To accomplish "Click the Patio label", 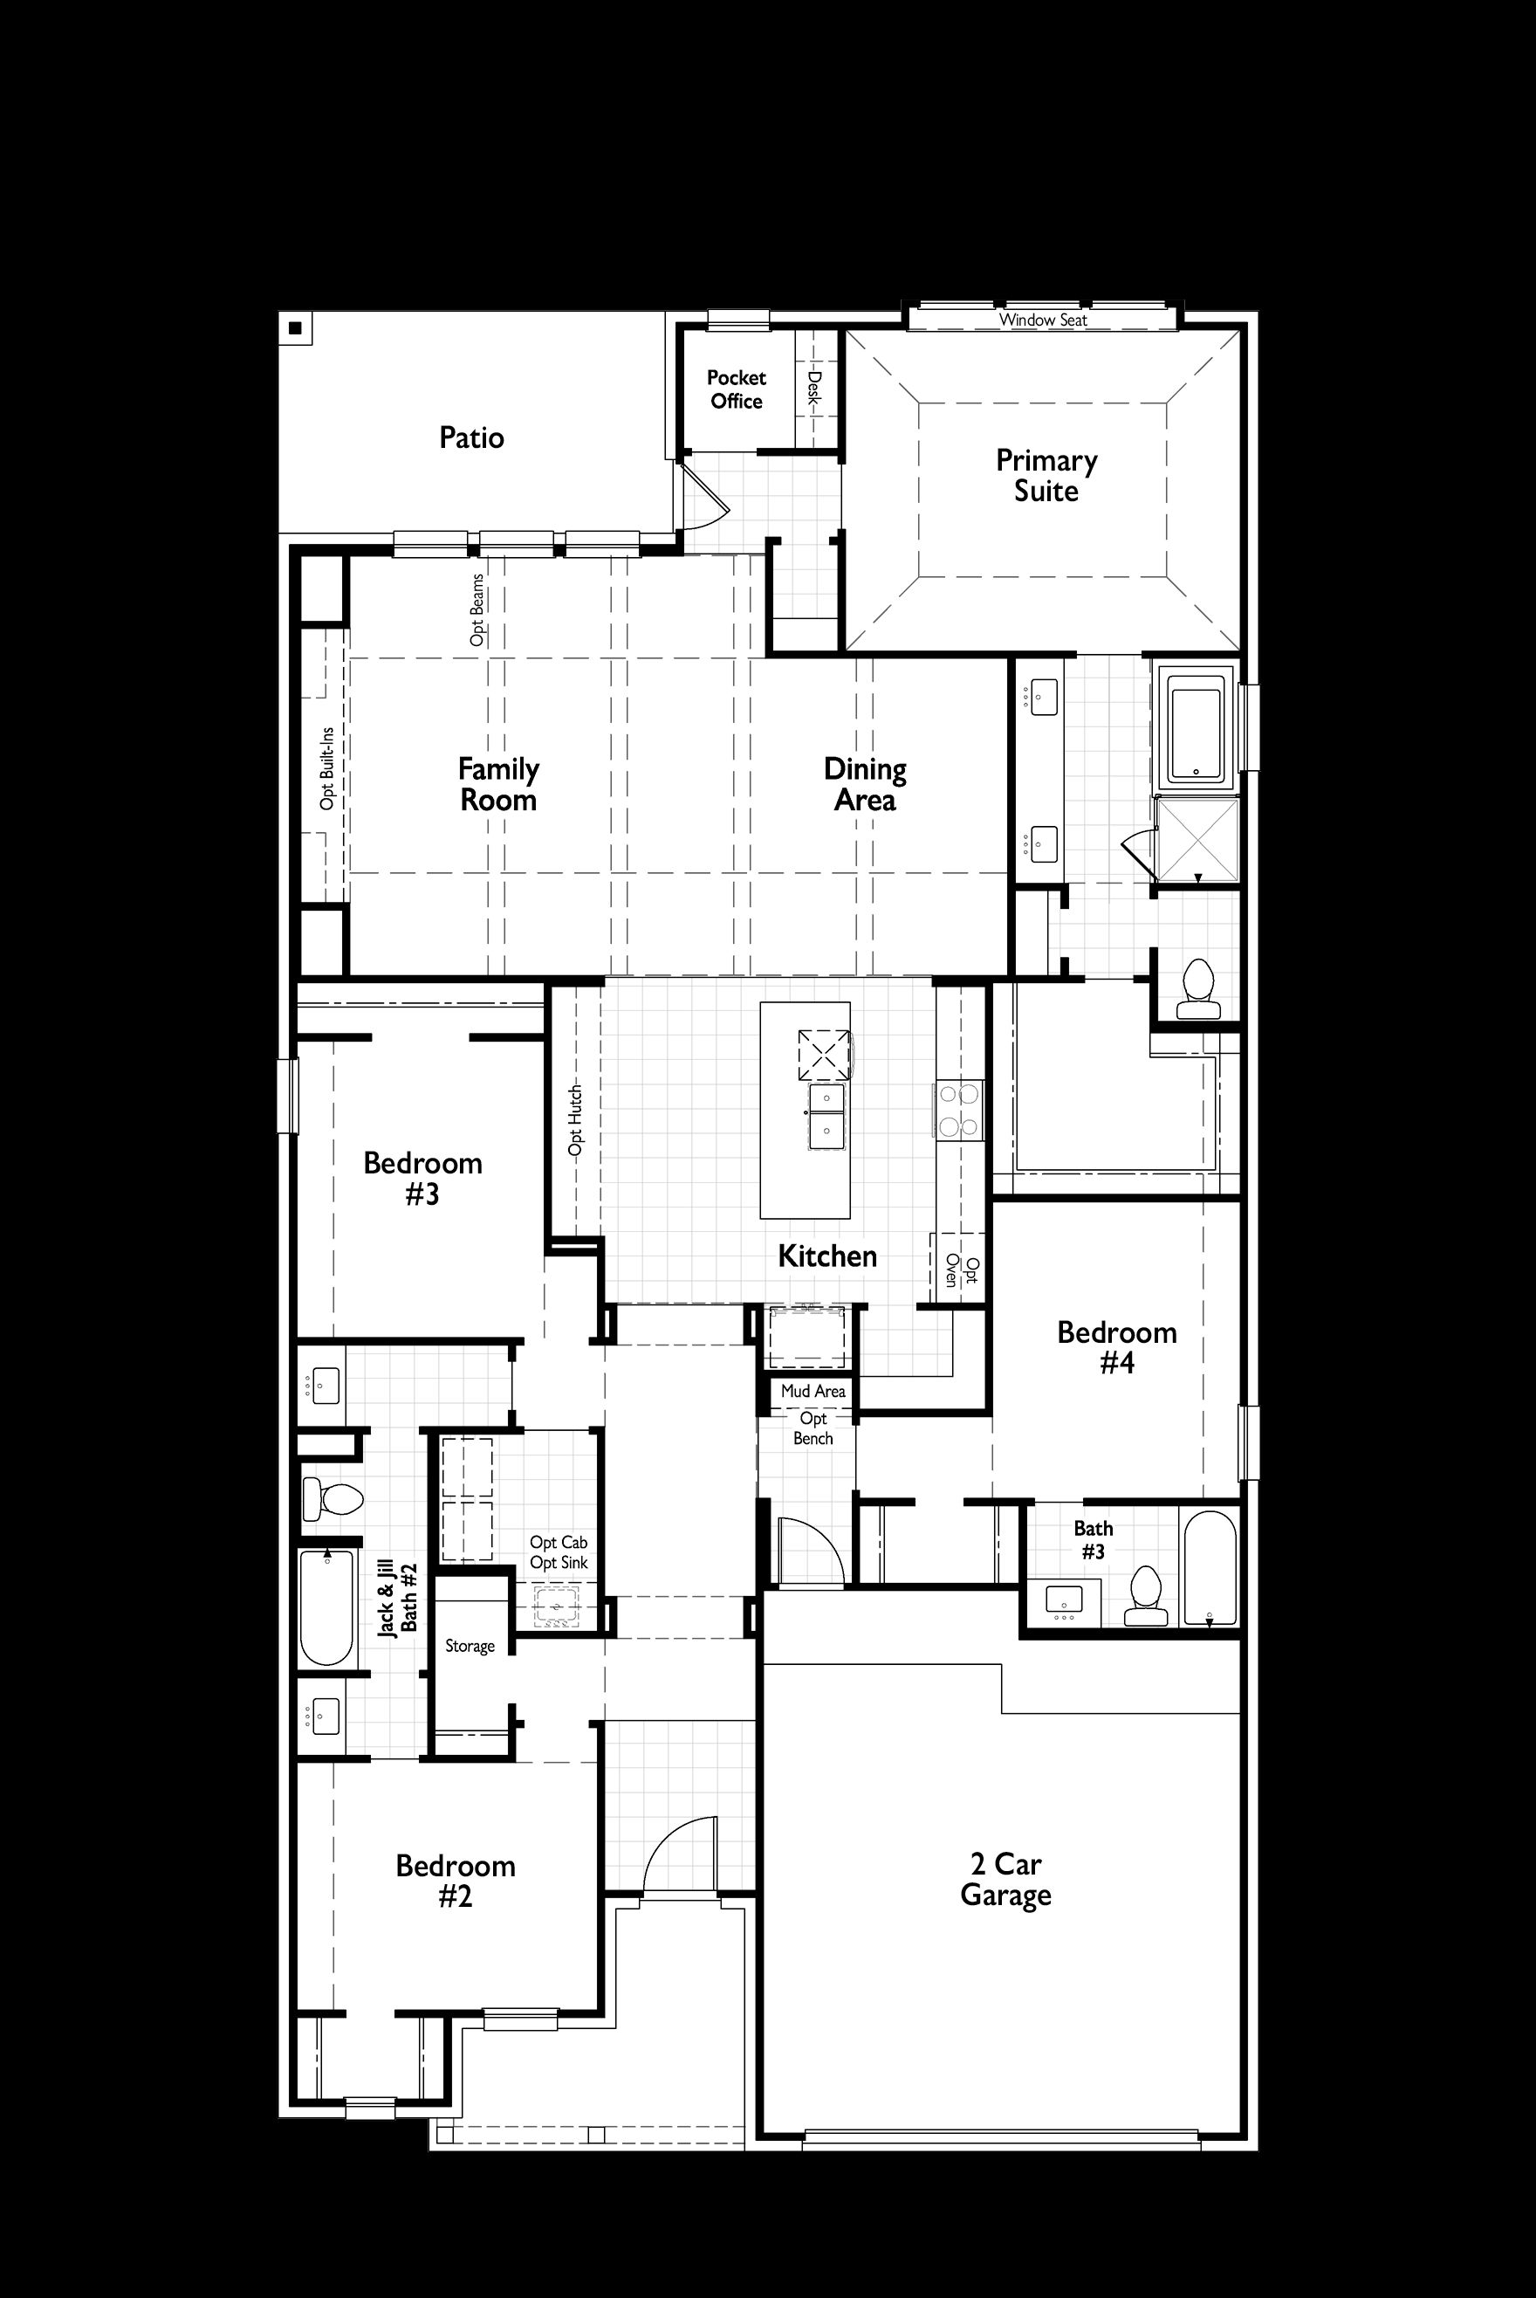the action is pos(471,437).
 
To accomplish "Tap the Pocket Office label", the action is pos(737,389).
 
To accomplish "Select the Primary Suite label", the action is pos(1046,475).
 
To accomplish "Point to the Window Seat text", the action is pos(1042,320).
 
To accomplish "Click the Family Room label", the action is pos(498,784).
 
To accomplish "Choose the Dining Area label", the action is pos(865,784).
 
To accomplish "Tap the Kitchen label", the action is pos(826,1256).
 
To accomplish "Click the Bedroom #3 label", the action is pos(422,1178).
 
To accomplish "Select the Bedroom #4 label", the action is pos(1117,1347).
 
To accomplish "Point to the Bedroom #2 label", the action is pos(456,1881).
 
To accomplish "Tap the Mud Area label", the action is pos(813,1391).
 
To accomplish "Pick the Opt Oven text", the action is pos(959,1270).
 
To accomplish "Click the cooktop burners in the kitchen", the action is pos(959,1111).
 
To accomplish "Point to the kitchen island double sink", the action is pos(826,1118).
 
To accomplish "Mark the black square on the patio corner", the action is pos(295,328).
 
